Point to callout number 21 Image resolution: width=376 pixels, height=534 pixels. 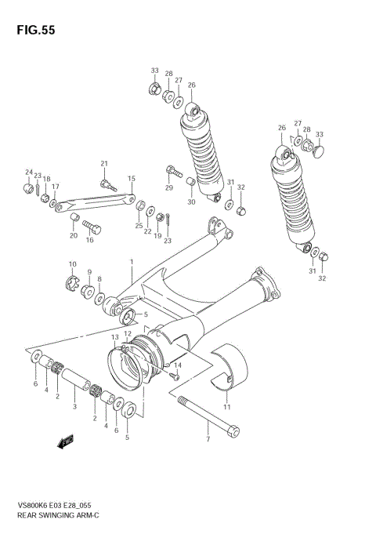(103, 163)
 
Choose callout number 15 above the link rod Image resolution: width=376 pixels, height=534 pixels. (132, 179)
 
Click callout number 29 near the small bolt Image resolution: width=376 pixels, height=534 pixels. (168, 188)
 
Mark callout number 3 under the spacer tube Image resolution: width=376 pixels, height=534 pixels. (74, 406)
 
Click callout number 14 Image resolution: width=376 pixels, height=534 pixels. (178, 365)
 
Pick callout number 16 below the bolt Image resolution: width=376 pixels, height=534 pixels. (89, 241)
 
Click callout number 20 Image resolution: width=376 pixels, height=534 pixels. (73, 235)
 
